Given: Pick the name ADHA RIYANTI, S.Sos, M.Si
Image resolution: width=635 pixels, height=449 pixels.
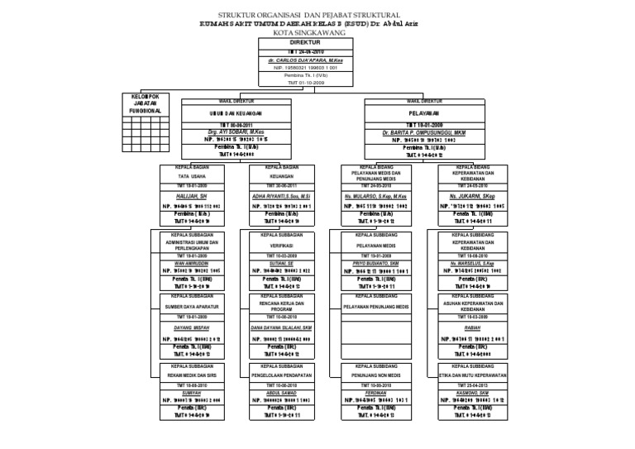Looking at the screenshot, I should tap(281, 197).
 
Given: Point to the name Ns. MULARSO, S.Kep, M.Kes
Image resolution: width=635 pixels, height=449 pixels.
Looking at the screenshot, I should tap(376, 197).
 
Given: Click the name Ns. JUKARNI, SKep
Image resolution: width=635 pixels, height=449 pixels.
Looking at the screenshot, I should tap(473, 197).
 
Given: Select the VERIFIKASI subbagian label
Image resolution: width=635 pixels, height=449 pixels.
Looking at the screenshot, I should tap(281, 246).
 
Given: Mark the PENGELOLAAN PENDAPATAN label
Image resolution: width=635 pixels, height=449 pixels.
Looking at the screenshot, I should tap(281, 375).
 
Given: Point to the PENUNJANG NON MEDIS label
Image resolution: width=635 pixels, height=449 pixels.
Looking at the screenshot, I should tap(376, 375).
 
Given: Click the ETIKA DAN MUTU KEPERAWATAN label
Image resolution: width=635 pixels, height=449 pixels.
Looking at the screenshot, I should tap(473, 375).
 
